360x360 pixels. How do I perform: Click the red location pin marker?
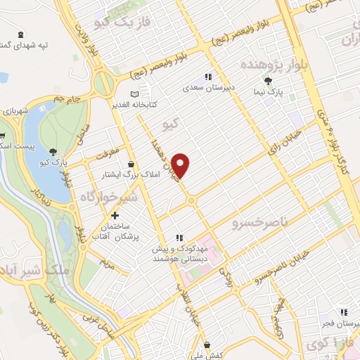coord(182,165)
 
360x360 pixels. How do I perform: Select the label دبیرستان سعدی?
coord(208,89)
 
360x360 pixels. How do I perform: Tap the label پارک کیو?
coord(54,162)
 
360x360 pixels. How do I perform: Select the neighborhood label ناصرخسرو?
coord(260,223)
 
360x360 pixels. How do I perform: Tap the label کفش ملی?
coord(207,356)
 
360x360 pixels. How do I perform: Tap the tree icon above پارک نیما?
coord(288,82)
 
